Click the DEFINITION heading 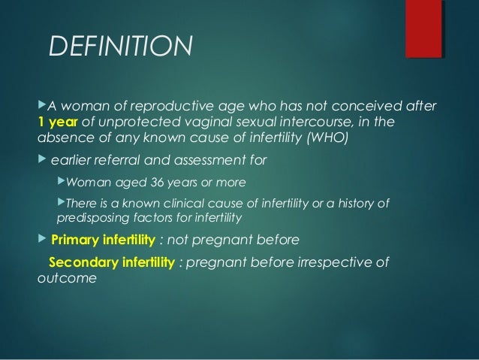pyautogui.click(x=120, y=47)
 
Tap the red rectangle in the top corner pyautogui.click(x=423, y=28)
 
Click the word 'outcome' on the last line pyautogui.click(x=67, y=278)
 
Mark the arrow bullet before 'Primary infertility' pyautogui.click(x=41, y=241)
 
